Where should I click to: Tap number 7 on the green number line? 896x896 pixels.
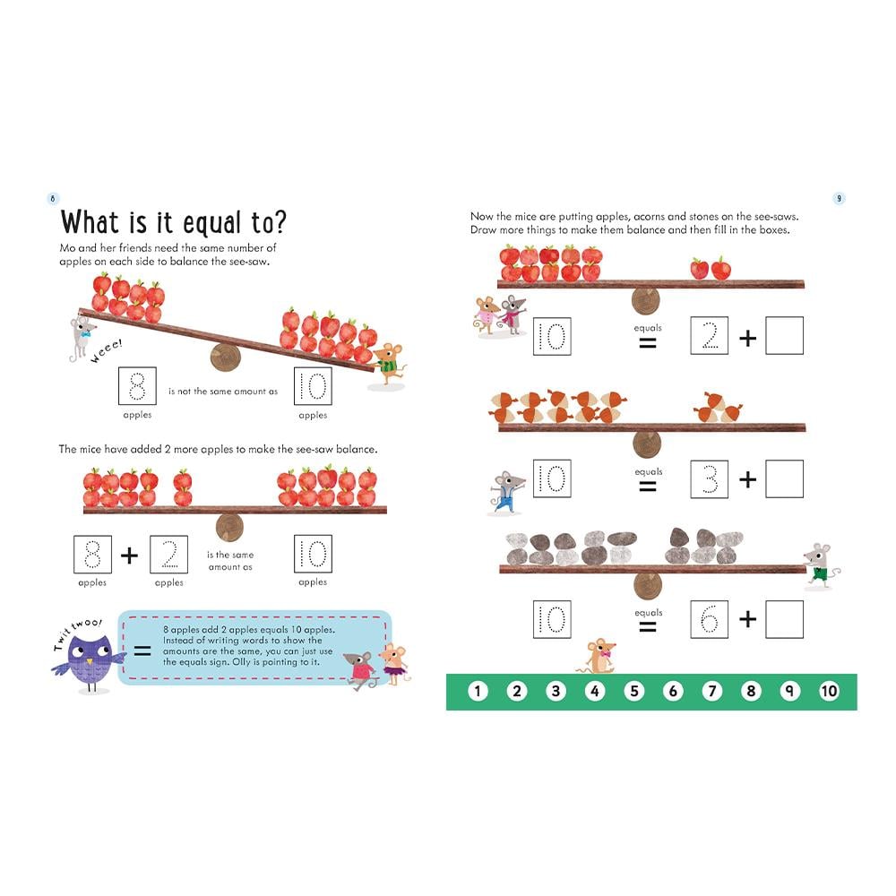[712, 692]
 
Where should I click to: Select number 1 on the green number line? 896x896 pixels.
[478, 692]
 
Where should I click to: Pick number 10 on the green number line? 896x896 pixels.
[829, 692]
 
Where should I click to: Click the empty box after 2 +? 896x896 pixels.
[785, 335]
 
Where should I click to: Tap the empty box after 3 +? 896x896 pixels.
[785, 478]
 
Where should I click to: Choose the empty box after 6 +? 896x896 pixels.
[785, 619]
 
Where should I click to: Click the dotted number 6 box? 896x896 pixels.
[709, 619]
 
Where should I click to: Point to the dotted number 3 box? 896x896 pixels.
[709, 478]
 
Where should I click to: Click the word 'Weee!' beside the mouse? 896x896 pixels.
[107, 351]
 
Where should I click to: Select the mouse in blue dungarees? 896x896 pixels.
[506, 493]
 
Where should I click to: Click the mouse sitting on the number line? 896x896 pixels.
[597, 656]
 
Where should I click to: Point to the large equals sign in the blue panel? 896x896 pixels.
[142, 650]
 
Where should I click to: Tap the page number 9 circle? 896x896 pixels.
[839, 198]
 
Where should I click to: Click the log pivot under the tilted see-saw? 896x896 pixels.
[226, 358]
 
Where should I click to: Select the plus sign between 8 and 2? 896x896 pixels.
[130, 555]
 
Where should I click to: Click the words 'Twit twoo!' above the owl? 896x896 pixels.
[78, 633]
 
